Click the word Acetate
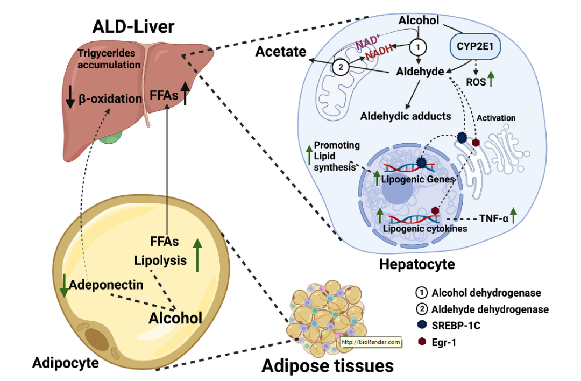click(280, 52)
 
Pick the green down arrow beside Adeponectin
click(64, 285)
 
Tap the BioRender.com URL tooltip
click(371, 341)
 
